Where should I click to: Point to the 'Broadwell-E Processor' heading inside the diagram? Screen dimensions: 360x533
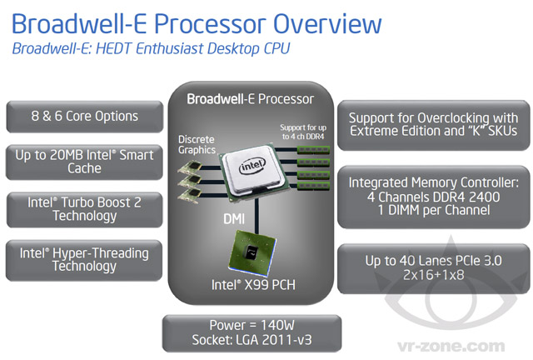click(x=251, y=98)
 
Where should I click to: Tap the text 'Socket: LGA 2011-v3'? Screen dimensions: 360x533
click(x=251, y=342)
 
